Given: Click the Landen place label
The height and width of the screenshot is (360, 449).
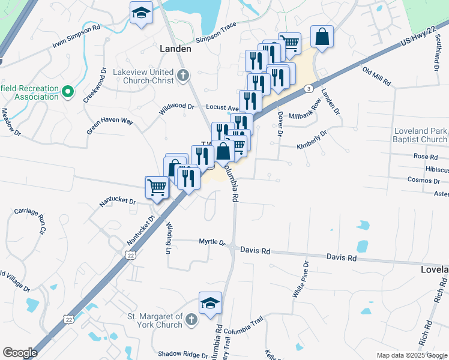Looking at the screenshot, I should (x=175, y=49).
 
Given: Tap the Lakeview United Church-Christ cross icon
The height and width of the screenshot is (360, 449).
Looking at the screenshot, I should (x=183, y=76).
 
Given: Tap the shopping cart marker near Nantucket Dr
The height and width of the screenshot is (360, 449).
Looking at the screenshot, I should (x=157, y=188).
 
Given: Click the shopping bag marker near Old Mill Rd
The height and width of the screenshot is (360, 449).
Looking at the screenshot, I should (x=322, y=37).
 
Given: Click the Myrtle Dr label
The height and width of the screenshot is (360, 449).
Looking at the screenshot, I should (x=212, y=242).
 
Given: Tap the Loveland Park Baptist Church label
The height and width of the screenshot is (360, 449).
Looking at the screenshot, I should (x=421, y=135).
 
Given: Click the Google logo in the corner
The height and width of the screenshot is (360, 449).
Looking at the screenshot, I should (x=20, y=352).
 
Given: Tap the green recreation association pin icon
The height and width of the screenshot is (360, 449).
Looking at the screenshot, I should (x=68, y=92).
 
